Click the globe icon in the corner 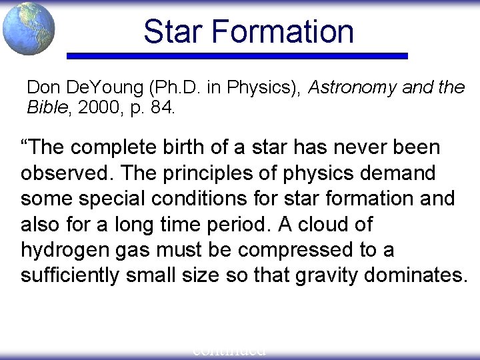(x=28, y=28)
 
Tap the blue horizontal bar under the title (x=238, y=56)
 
